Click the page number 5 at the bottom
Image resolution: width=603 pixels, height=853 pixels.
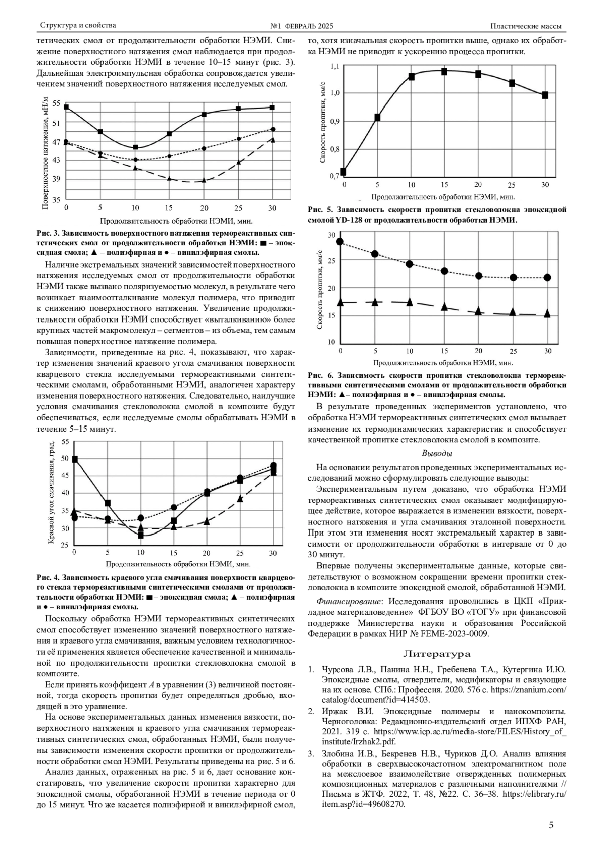(551, 825)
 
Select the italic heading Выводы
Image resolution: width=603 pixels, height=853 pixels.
(437, 453)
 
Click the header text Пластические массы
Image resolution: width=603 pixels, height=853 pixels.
(526, 26)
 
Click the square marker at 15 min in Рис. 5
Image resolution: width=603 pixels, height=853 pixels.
(444, 72)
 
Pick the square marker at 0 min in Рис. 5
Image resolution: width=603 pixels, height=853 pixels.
(343, 172)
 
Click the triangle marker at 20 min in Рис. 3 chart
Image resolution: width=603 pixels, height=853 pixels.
(204, 180)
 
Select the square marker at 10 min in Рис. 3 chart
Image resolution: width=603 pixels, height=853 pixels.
(135, 147)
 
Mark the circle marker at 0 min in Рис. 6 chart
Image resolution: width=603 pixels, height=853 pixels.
(340, 242)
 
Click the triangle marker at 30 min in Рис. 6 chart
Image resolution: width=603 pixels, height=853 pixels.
(547, 314)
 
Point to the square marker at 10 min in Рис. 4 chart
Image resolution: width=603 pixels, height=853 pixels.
(141, 536)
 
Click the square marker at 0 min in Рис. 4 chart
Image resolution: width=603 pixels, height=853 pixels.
(75, 459)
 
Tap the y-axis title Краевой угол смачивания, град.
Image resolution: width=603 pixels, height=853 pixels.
(51, 493)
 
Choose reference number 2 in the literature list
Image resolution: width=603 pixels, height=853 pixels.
(311, 711)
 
